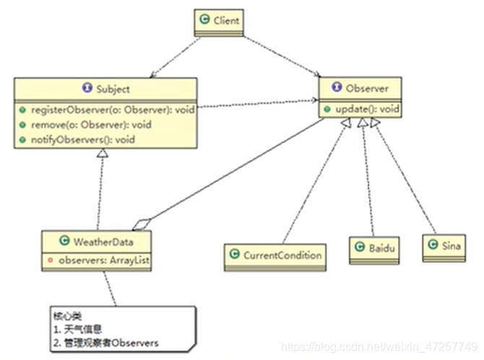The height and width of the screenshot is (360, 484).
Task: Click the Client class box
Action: pos(218,22)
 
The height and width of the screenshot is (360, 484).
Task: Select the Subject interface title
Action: pos(112,89)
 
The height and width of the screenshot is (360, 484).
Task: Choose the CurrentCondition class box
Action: pos(274,254)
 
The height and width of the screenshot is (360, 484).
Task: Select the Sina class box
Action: pos(443,247)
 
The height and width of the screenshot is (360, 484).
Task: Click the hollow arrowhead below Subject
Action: pos(103,155)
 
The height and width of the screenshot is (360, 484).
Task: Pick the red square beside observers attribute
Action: pos(49,257)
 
